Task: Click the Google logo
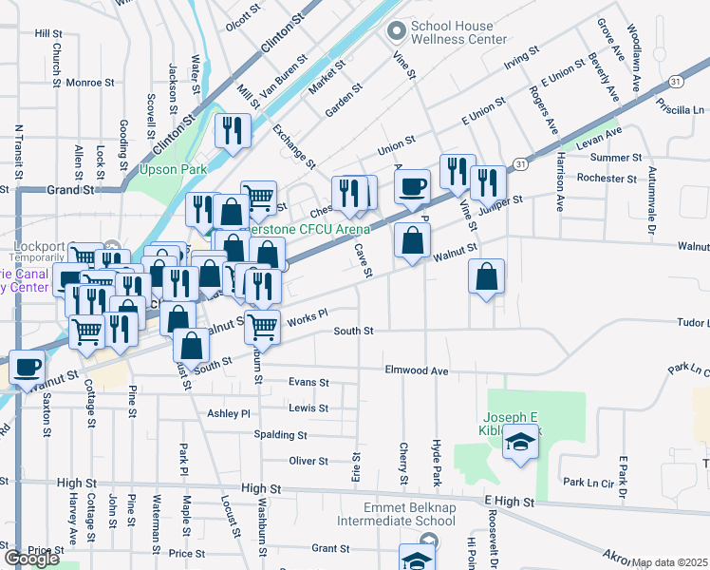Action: [31, 559]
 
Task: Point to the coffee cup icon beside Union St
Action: [411, 185]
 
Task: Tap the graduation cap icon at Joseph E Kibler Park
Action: [519, 444]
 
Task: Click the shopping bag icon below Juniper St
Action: [486, 276]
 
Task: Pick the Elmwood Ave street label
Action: [416, 370]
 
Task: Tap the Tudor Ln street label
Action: [692, 322]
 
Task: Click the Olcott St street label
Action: [242, 13]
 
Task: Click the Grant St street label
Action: [331, 548]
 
